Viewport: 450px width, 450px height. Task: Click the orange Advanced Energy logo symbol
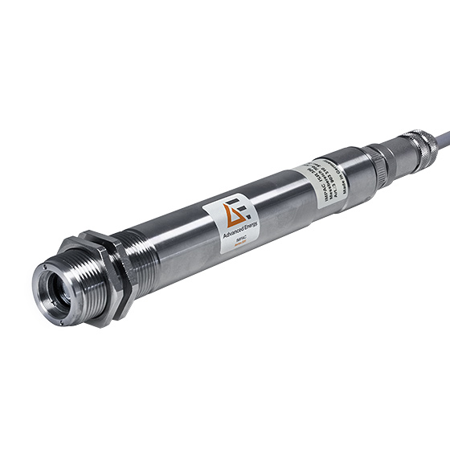(237, 211)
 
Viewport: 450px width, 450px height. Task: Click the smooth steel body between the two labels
(281, 204)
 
